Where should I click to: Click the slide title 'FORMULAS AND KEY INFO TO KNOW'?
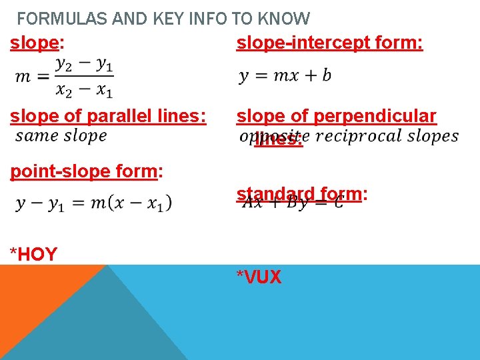163,19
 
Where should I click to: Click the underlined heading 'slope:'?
37,43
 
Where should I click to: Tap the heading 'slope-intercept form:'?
330,43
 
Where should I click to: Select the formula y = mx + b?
285,75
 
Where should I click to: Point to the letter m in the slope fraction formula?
23,77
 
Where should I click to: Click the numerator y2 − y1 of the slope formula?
84,64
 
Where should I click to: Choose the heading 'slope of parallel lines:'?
108,116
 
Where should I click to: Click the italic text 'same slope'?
61,136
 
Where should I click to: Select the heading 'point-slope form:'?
86,171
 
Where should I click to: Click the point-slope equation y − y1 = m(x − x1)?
94,203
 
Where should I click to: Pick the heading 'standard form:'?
301,194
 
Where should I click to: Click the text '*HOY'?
33,254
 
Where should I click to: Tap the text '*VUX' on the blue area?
259,277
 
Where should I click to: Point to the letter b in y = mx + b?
326,75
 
